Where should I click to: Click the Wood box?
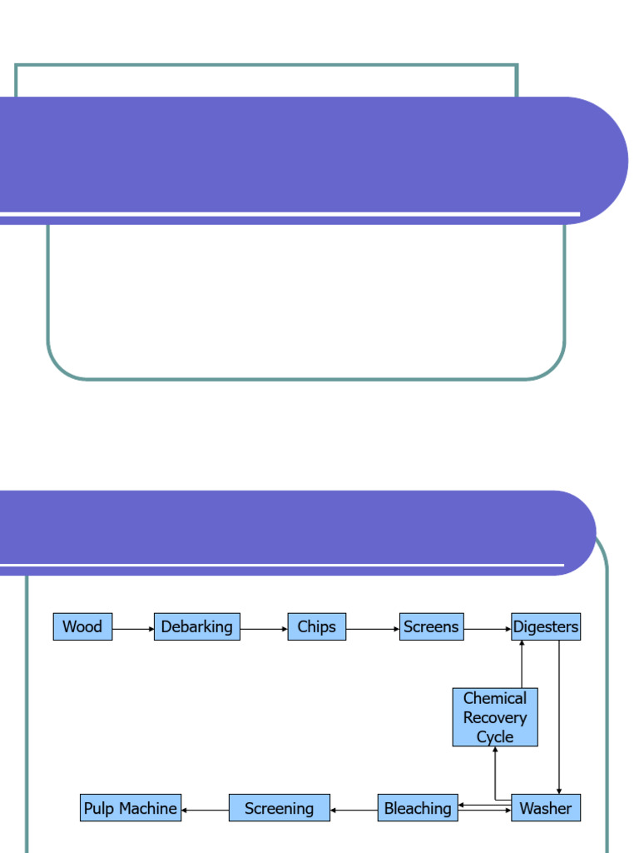82,627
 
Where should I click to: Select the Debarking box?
197,627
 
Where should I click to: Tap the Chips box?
317,627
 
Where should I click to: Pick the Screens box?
431,627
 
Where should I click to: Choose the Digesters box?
546,627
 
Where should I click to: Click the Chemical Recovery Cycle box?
495,717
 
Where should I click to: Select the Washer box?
546,808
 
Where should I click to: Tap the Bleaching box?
418,808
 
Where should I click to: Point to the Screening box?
280,808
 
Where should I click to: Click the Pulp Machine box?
131,808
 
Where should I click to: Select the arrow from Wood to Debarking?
133,630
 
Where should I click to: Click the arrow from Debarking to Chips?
264,630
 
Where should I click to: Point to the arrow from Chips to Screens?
373,630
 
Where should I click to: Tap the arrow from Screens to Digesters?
488,630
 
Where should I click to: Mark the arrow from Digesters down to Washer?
558,716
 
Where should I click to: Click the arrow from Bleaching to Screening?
354,809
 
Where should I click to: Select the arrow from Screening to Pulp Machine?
205,809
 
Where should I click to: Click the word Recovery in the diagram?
495,717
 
